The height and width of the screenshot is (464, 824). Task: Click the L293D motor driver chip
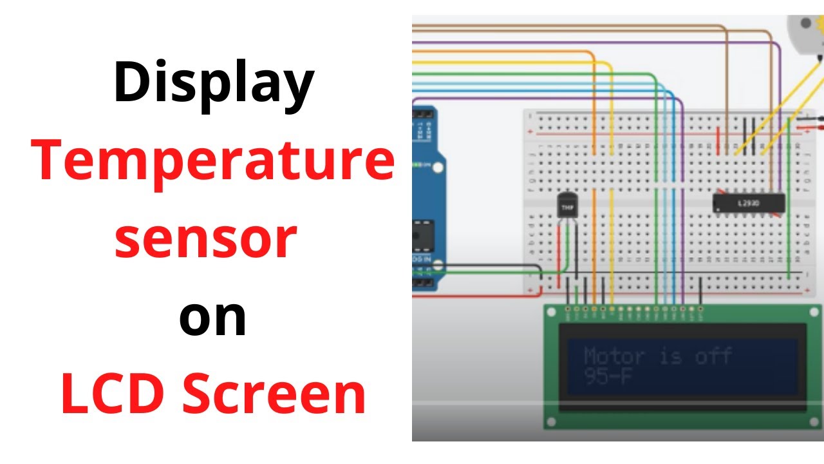point(749,204)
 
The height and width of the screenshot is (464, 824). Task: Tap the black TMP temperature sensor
point(567,206)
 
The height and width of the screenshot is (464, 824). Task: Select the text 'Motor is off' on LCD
point(657,356)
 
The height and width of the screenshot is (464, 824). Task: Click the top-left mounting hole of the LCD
point(550,313)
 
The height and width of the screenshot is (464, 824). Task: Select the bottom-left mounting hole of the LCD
point(550,423)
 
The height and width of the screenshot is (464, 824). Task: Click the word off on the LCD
point(713,356)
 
